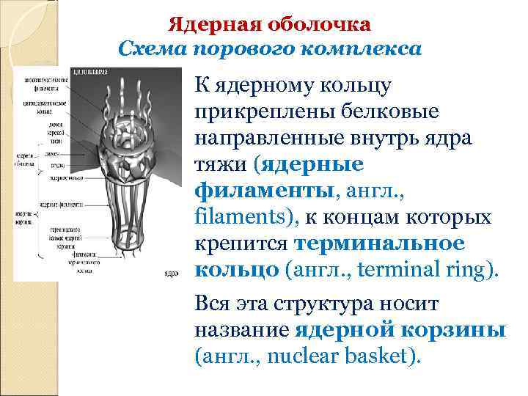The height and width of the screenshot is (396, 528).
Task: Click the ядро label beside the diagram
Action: pyautogui.click(x=171, y=273)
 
